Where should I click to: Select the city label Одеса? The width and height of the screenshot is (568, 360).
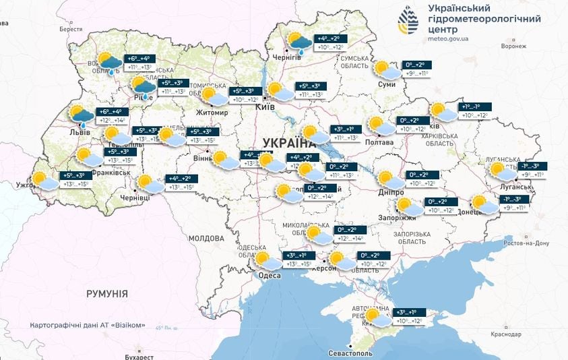tap(270, 275)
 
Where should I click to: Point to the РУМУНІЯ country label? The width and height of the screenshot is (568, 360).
tap(107, 294)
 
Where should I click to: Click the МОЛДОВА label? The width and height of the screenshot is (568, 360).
tap(206, 239)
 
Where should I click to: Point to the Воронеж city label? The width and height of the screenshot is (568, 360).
tap(513, 47)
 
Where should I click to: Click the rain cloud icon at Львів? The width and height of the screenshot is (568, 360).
tap(81, 116)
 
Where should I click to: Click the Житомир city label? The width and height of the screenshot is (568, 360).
tap(213, 113)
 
